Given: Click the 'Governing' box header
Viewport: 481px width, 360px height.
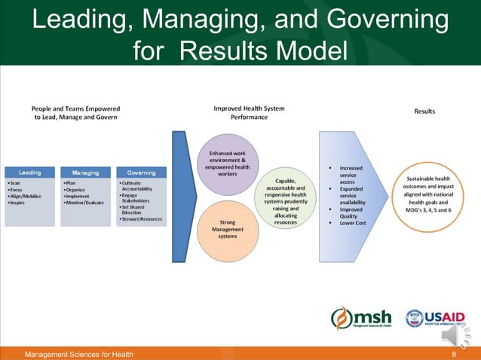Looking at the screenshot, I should point(142,172).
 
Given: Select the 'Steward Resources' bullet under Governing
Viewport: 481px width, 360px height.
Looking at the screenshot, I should point(142,218).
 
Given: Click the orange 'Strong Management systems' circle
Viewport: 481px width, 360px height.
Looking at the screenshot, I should point(228,228).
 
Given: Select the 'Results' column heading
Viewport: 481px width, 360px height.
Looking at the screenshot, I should point(424,111).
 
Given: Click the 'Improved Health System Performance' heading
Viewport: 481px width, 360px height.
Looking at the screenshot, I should point(250,113).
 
